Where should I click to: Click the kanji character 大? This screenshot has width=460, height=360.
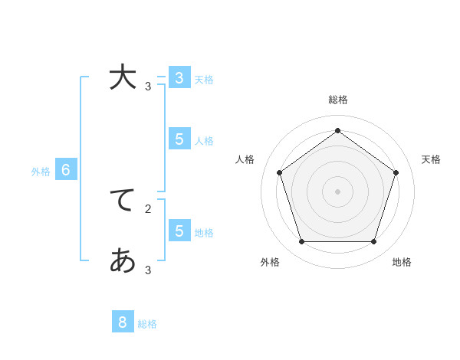123,78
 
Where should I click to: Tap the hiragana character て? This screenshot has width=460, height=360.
123,200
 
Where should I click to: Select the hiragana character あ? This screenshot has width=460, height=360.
123,261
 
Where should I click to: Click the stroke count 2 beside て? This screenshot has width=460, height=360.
148,208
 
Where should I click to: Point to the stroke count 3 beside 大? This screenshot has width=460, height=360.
148,87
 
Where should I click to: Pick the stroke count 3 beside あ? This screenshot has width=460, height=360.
148,270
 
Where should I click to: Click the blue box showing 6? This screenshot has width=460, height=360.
66,170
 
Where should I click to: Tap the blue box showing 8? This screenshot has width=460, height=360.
123,322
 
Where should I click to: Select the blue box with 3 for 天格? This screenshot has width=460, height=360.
179,77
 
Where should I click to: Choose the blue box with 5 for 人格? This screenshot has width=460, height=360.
179,139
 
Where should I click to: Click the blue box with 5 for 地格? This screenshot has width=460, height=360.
179,231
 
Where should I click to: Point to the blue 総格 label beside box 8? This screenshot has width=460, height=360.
147,324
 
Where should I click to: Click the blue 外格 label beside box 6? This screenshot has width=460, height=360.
41,172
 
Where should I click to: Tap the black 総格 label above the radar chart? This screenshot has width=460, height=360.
338,100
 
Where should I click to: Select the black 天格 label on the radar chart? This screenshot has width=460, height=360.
431,159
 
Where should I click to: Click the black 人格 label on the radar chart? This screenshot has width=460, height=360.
245,159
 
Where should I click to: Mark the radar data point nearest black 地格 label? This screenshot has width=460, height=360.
373,241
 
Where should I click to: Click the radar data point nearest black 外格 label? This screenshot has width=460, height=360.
301,241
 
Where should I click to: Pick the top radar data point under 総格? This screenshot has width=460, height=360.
337,130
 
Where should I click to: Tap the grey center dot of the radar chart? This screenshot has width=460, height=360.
337,191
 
